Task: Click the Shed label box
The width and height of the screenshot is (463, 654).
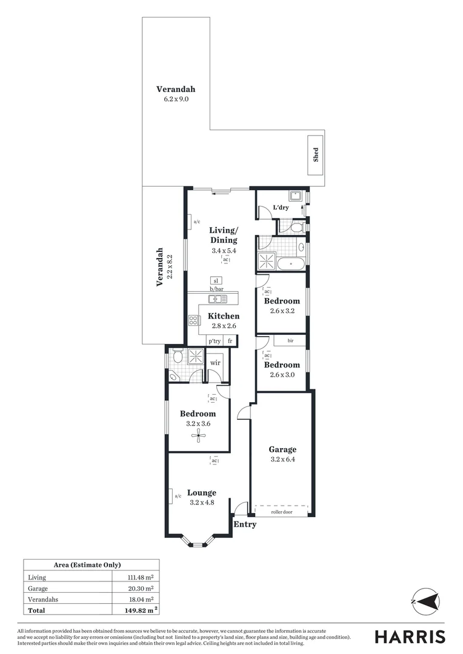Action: click(315, 155)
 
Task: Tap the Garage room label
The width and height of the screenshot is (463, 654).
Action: click(282, 449)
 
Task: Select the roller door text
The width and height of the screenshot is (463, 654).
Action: click(282, 512)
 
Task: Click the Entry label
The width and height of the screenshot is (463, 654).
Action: click(245, 524)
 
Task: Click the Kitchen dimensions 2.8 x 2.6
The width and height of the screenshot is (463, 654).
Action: click(224, 326)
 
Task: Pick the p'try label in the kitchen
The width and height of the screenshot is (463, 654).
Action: click(215, 341)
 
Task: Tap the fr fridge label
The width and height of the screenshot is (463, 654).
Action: click(230, 341)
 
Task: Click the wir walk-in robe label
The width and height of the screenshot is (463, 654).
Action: click(215, 363)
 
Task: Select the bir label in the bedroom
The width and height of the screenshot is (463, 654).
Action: click(291, 341)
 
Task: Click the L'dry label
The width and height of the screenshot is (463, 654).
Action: click(280, 208)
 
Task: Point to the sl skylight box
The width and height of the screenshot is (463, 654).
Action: click(216, 280)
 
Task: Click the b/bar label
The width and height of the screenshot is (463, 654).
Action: click(217, 289)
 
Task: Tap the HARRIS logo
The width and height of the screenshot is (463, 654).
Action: click(410, 636)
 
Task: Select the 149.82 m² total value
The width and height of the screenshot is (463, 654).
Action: click(137, 609)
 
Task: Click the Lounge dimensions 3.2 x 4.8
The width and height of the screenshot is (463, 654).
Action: click(202, 502)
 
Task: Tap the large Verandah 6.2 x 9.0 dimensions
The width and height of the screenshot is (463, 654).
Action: click(176, 99)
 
